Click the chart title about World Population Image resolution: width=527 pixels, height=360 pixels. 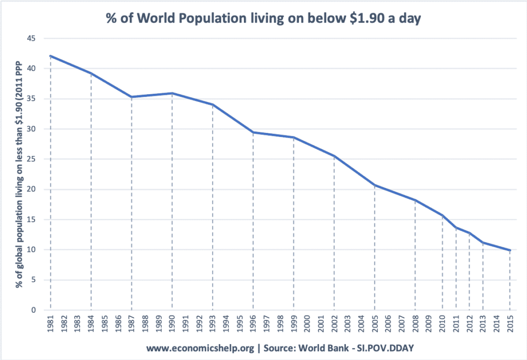point(263,19)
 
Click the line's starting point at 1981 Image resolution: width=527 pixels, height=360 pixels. point(50,56)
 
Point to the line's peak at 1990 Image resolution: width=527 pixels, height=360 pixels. point(172,93)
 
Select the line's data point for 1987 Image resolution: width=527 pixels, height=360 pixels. point(132,97)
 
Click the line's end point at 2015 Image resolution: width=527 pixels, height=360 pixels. point(510,250)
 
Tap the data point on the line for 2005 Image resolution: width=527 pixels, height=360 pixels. point(375,185)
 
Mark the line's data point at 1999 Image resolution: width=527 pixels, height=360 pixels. point(293,138)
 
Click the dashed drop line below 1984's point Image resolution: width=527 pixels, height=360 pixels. point(91,196)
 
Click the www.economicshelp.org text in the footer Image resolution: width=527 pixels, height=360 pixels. point(200,348)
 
